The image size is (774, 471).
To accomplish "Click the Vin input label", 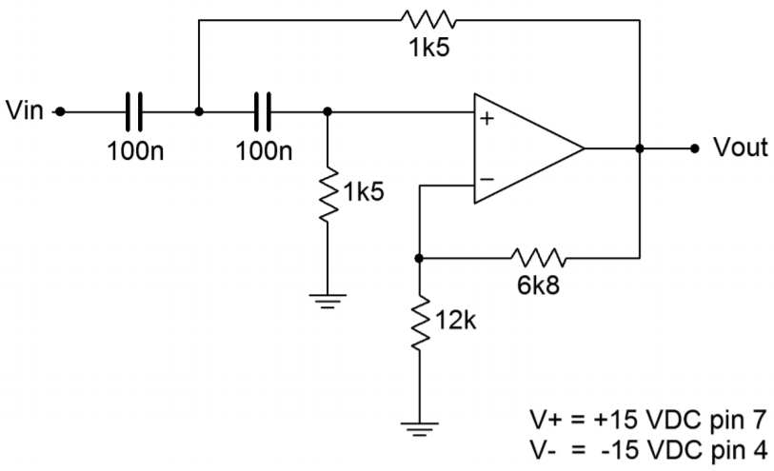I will (x=24, y=111).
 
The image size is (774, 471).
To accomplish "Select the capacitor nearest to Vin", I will (x=134, y=111).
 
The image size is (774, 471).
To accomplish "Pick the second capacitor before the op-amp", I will (x=263, y=111).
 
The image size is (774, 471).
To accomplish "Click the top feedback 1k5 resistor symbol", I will (x=429, y=19).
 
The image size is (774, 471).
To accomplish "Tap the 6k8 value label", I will (x=540, y=285).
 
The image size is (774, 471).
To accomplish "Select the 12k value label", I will (x=455, y=322).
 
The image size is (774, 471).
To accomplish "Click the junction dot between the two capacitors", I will (x=198, y=111).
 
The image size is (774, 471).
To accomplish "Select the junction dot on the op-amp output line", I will (x=640, y=148).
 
